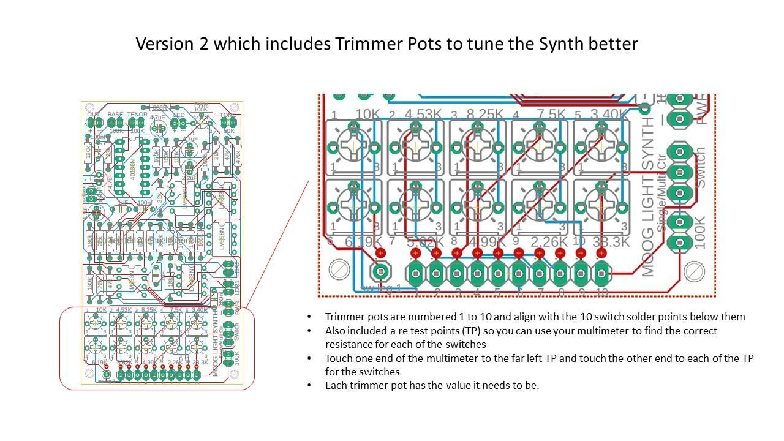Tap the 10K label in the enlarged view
click(x=367, y=115)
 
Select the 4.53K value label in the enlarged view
click(x=423, y=115)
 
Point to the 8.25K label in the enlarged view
click(x=485, y=115)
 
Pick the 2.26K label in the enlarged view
click(x=549, y=242)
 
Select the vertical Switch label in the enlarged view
click(x=701, y=167)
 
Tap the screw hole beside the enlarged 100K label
click(x=694, y=269)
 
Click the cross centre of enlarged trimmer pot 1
click(x=353, y=147)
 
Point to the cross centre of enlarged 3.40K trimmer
click(x=601, y=147)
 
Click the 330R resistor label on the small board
click(x=159, y=108)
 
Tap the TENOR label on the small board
click(x=137, y=115)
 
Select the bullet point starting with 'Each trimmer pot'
click(x=432, y=385)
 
